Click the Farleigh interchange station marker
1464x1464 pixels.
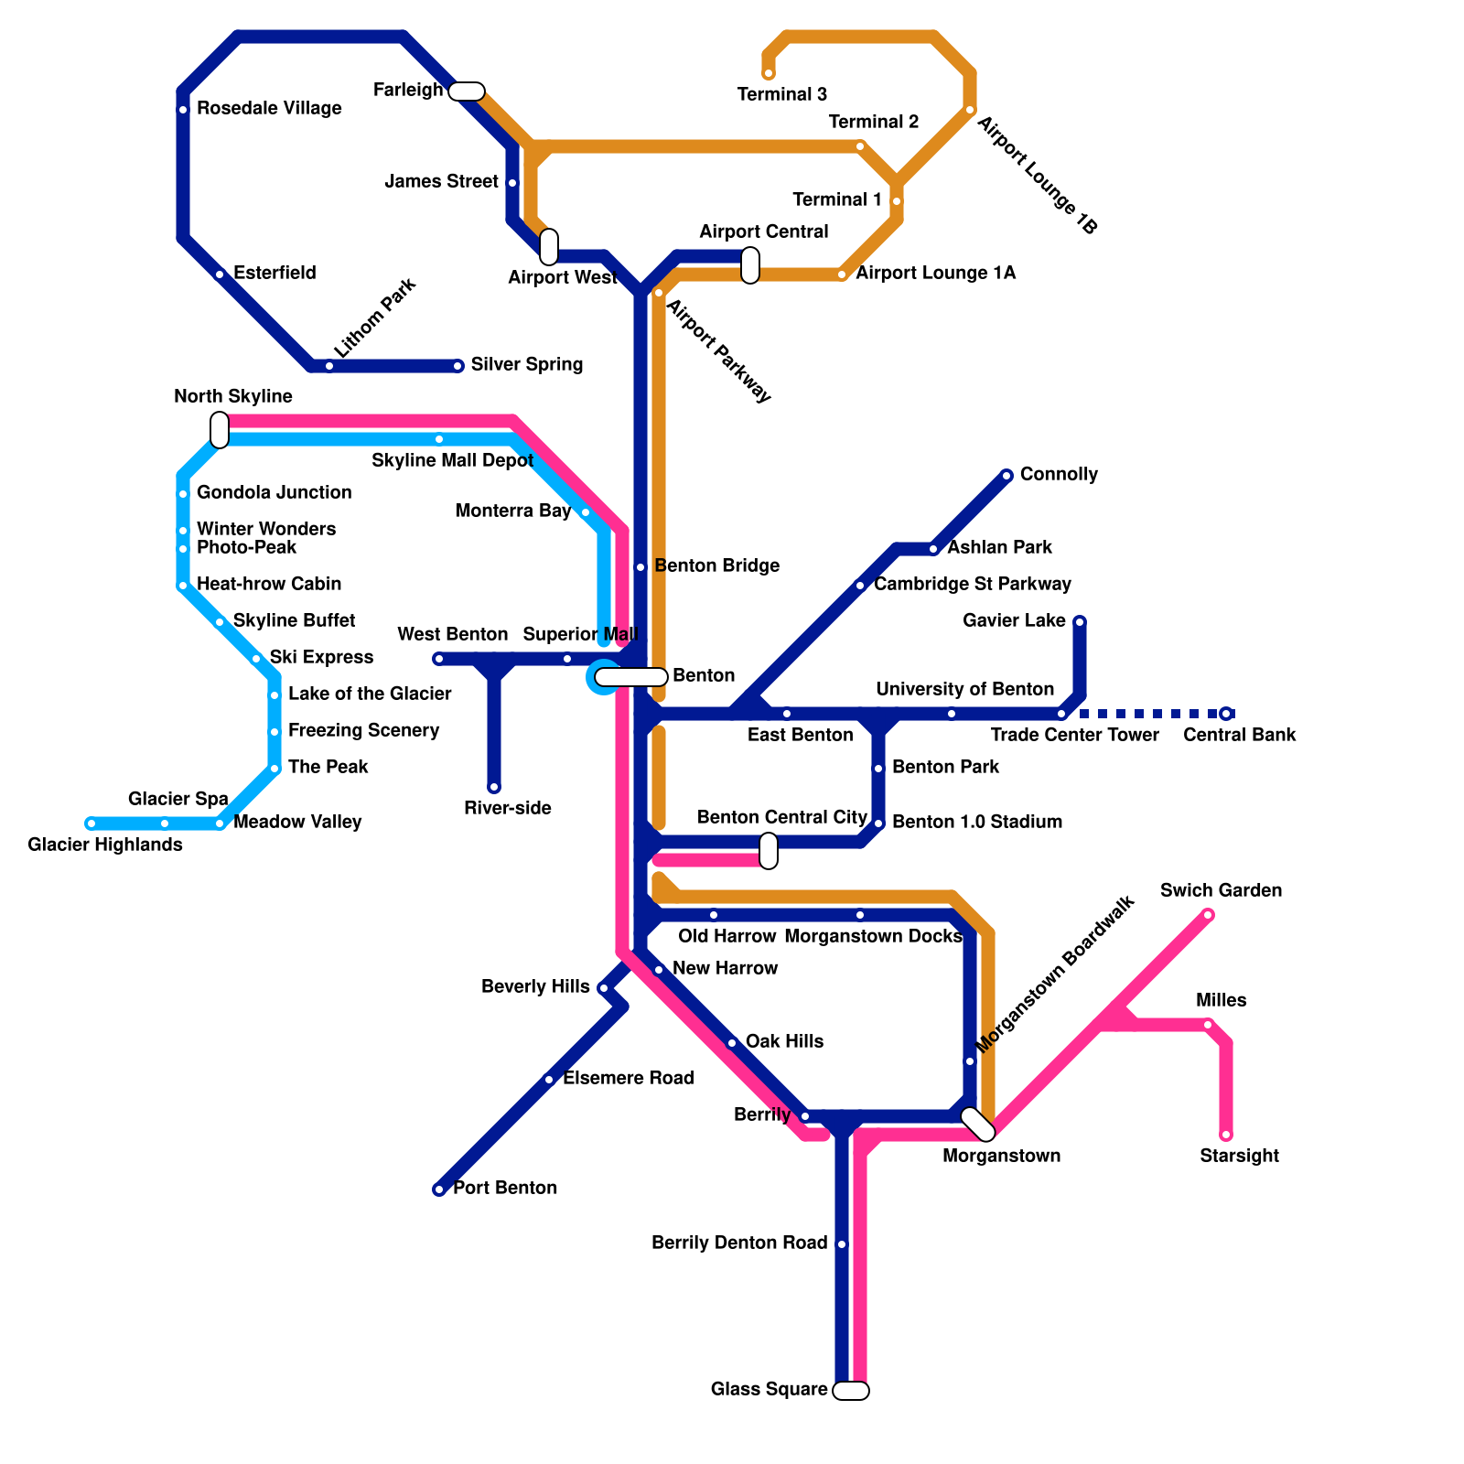coord(467,91)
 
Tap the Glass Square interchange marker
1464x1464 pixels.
coord(851,1391)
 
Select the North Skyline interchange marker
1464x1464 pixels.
coord(220,430)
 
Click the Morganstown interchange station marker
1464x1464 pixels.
coord(978,1125)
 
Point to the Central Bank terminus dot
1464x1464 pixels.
coord(1226,714)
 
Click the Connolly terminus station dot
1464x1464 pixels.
coord(1006,475)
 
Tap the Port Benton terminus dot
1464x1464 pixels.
coord(439,1189)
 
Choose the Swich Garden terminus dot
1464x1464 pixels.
coord(1208,915)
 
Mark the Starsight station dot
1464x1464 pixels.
coord(1226,1135)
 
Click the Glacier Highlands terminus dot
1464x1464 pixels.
coord(91,823)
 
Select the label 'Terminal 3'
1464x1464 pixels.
coord(781,94)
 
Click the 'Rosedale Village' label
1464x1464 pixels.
coord(269,109)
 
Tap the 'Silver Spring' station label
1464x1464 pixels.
coord(527,365)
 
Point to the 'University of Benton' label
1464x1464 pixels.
coord(964,689)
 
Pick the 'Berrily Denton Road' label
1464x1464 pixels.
coord(739,1243)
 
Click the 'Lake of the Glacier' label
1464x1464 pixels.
coord(370,694)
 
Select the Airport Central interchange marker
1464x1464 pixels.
coord(750,265)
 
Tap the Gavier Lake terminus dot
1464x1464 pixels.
coord(1080,622)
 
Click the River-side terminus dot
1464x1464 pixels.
coord(494,787)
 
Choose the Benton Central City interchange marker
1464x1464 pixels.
coord(769,851)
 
